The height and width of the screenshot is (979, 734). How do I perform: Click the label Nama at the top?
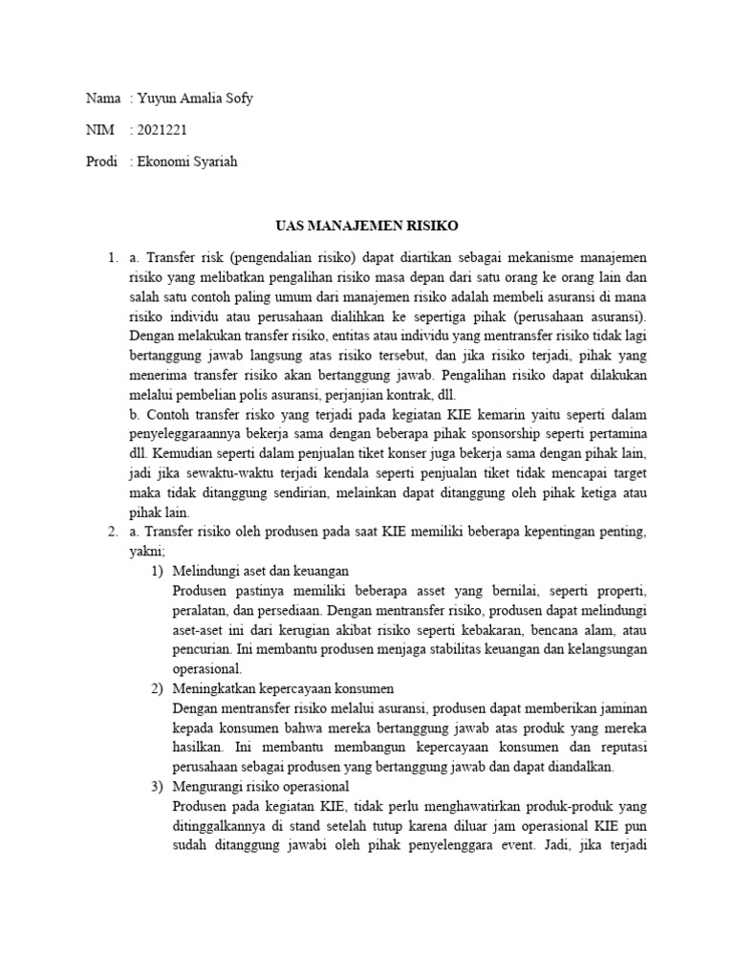103,98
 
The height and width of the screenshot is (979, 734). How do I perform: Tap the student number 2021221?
162,130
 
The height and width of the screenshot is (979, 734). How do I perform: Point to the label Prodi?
103,163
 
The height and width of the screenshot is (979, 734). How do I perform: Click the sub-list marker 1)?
159,571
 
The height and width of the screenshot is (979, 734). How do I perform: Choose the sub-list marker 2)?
159,689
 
